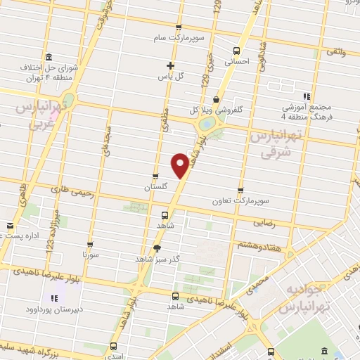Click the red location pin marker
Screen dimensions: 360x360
[x=181, y=165]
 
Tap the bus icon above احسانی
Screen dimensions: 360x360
[x=236, y=51]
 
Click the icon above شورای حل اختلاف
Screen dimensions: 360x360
[x=48, y=57]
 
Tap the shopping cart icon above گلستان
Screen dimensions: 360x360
[x=155, y=176]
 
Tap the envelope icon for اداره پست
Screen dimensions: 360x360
[x=9, y=226]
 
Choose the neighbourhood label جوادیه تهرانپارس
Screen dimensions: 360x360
[x=304, y=300]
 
